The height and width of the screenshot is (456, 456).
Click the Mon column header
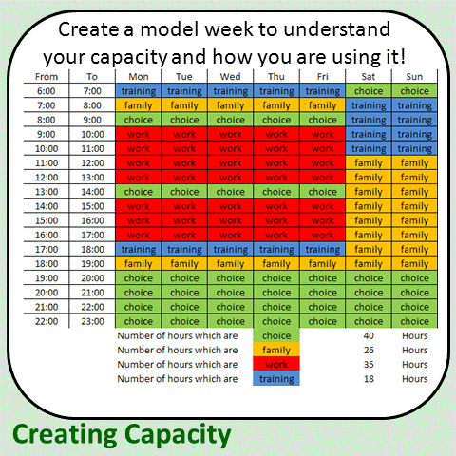coord(138,77)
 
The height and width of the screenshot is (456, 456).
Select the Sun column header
coord(414,77)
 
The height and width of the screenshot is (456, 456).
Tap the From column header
coord(46,77)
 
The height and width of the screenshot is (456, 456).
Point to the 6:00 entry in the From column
coord(46,91)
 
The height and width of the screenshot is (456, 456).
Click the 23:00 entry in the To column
coord(91,321)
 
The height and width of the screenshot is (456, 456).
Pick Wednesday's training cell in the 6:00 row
coord(230,91)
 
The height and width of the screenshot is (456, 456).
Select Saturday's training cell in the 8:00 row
coord(369,120)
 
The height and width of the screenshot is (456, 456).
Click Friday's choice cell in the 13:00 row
coord(322,191)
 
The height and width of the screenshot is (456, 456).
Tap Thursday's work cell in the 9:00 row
coord(276,134)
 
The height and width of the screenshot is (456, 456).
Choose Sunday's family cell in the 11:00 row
coord(414,163)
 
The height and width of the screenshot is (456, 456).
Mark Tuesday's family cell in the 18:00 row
coord(184,263)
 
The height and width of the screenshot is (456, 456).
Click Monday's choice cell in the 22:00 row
coord(138,321)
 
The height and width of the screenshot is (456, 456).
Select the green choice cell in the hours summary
coord(276,335)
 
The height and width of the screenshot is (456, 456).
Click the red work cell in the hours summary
coord(276,364)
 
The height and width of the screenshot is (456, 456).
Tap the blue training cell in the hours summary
coord(276,378)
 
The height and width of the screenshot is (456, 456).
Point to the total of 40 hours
coord(368,335)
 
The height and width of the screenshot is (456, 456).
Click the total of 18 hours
coord(368,378)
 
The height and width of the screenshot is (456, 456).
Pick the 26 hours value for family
coord(368,350)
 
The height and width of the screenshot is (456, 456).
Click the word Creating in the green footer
coord(66,434)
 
